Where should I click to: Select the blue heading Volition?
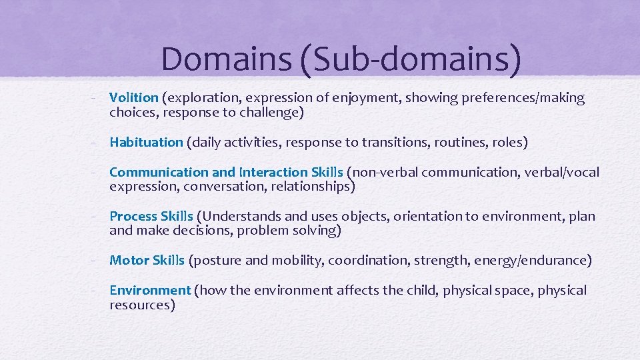[134, 98]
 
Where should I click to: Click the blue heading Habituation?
[146, 142]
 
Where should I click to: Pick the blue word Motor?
[128, 260]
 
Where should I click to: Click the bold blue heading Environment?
[150, 290]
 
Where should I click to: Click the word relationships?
[311, 187]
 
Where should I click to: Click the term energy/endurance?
[530, 260]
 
